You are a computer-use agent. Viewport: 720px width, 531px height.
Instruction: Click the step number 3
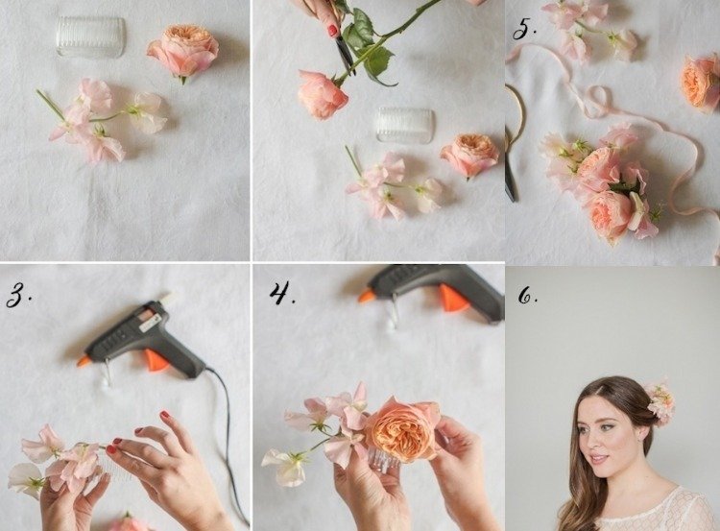pyautogui.click(x=18, y=295)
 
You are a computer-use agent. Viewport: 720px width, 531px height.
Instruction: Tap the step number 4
pyautogui.click(x=282, y=293)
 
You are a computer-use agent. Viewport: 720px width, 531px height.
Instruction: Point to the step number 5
pyautogui.click(x=524, y=30)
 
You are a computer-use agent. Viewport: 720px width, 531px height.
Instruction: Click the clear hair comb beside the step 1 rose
pyautogui.click(x=91, y=36)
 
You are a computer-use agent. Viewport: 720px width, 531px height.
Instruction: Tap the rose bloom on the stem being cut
pyautogui.click(x=322, y=94)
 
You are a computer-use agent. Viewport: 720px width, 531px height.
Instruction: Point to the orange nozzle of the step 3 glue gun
pyautogui.click(x=84, y=361)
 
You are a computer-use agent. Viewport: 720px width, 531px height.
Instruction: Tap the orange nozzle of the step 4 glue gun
pyautogui.click(x=366, y=296)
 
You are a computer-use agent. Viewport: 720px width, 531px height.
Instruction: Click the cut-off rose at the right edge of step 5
pyautogui.click(x=701, y=83)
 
